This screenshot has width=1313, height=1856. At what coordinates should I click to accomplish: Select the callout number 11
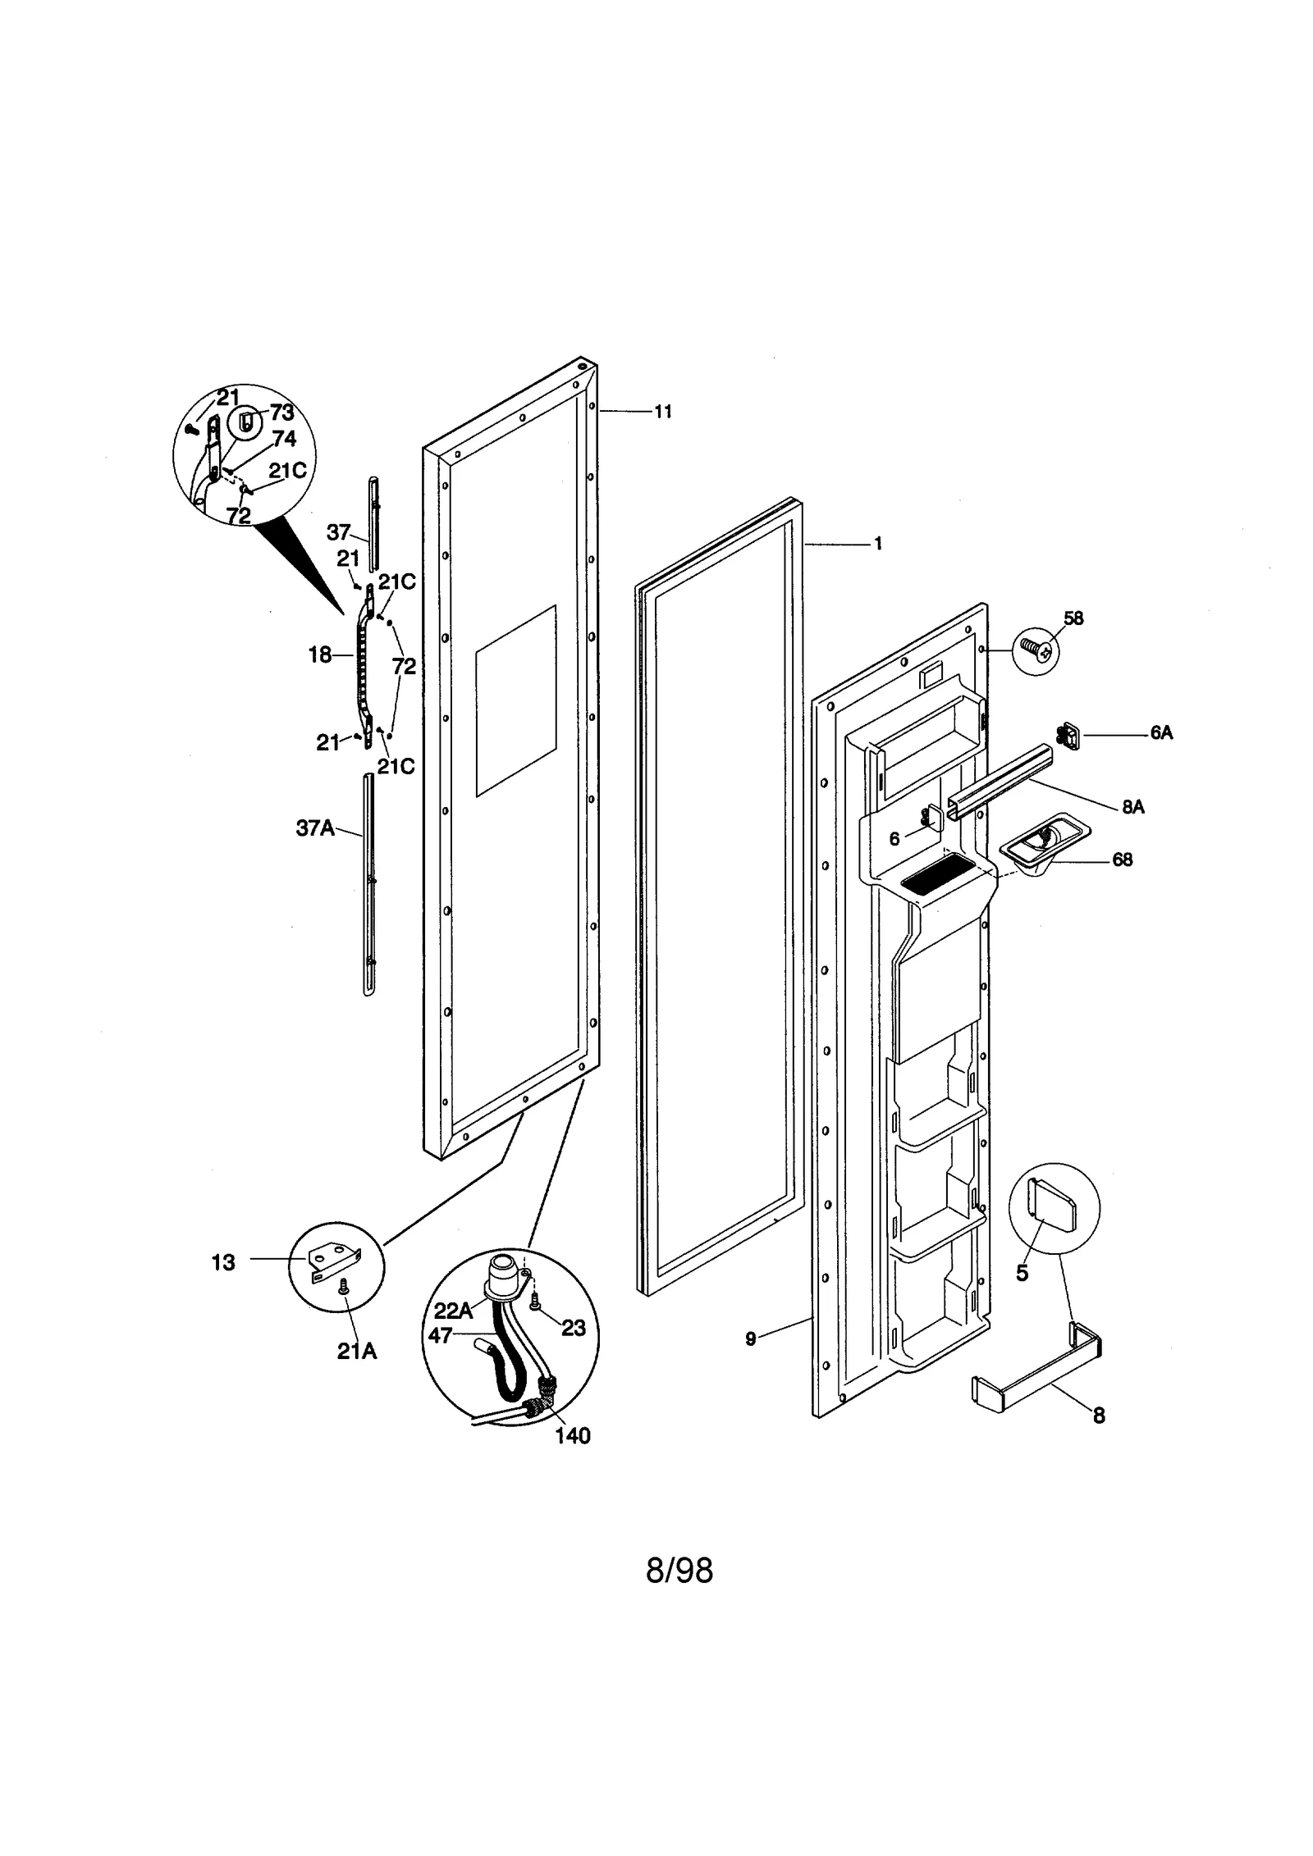pos(662,412)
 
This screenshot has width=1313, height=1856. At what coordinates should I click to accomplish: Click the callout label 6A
pos(1160,733)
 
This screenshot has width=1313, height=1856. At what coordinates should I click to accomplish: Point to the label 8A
pos(1132,807)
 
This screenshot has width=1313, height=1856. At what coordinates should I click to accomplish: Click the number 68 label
pos(1122,860)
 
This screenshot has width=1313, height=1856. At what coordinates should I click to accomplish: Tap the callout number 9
pos(750,1339)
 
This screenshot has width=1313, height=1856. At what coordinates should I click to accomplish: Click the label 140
pos(572,1436)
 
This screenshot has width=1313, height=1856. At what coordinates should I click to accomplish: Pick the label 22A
pos(453,1311)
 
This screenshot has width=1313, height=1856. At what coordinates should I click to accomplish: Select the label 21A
pos(357,1352)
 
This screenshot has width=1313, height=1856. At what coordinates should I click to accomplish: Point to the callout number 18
pos(320,654)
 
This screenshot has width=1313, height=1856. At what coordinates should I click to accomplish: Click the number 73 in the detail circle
pos(281,413)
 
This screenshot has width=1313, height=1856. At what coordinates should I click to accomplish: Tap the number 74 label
pos(283,438)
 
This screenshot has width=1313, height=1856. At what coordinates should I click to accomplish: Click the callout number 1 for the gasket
pos(877,544)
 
